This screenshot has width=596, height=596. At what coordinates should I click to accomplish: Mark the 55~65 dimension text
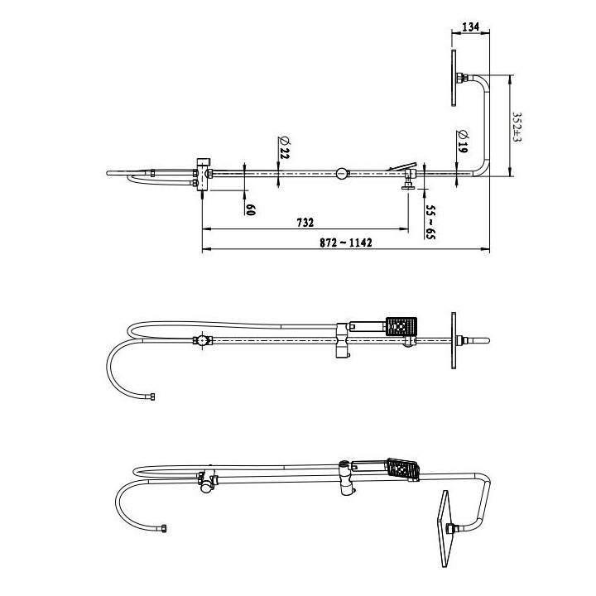pos(430,220)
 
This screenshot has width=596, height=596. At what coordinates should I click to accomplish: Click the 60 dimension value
pos(250,209)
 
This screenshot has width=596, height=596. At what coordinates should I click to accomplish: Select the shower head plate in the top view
pos(454,79)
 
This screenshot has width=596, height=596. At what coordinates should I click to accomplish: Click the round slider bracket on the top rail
pos(341,174)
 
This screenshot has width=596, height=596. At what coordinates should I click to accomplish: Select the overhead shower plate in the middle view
pos(453,340)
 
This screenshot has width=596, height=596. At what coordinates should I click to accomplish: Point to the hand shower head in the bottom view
pos(403,470)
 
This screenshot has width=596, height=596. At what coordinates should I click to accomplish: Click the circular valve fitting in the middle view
pos(200,339)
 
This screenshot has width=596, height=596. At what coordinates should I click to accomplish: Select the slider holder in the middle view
pos(343,341)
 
